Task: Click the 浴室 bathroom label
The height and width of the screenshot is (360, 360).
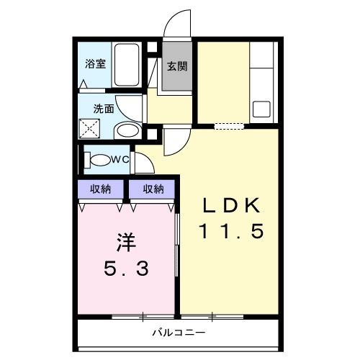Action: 96,63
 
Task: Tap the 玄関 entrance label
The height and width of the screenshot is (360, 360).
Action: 177,67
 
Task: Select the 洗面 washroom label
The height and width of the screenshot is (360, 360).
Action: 103,109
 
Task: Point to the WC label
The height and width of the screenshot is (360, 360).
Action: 120,158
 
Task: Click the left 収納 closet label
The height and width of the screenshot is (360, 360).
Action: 101,189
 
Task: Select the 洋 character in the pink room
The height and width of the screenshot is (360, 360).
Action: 126,241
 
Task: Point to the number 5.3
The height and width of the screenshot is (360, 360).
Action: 126,269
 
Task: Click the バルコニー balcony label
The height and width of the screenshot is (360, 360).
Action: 179,333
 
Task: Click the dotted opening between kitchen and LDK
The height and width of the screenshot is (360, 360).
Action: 230,126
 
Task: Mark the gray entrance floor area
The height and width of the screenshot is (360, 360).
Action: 177,72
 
